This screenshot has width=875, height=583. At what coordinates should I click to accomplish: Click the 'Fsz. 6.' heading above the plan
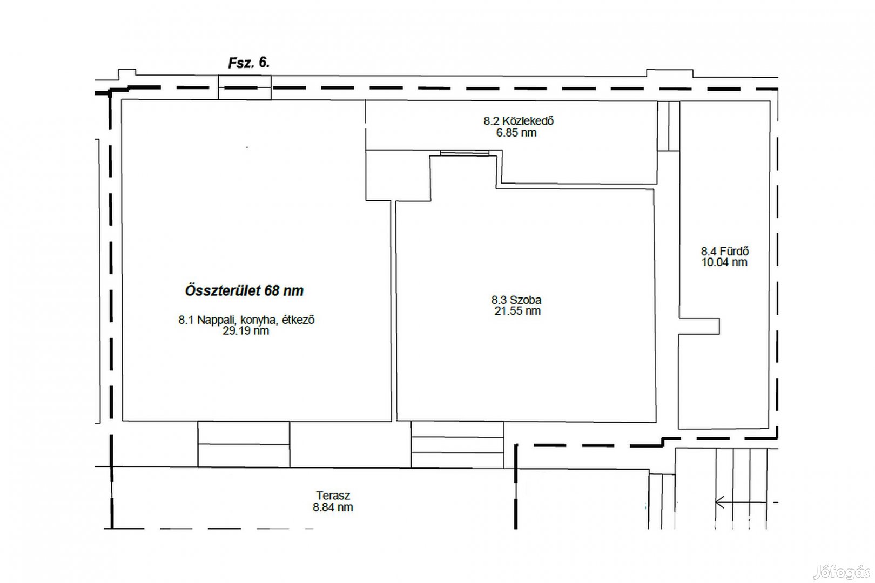249,63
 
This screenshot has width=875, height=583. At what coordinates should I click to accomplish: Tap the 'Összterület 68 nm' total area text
244,290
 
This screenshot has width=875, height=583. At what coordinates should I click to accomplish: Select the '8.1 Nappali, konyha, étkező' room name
246,320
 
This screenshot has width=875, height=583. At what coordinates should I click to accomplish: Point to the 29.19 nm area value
246,331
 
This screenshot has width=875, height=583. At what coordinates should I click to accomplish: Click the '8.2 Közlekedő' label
519,121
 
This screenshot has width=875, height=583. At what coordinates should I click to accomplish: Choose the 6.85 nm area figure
516,132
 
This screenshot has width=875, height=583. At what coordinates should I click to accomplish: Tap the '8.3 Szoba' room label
516,300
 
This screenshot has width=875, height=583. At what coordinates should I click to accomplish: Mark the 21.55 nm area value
517,311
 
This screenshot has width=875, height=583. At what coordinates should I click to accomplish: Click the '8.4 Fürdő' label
725,251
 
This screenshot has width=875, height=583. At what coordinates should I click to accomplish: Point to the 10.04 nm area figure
724,262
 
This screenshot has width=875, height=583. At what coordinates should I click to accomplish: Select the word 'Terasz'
333,496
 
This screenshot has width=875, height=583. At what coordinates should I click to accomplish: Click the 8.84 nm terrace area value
332,507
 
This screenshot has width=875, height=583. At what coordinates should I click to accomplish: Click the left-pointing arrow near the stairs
741,502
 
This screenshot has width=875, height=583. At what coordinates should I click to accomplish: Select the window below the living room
244,444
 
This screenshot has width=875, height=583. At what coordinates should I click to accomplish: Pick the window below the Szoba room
457,444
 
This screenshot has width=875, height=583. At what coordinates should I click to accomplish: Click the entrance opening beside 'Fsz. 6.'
245,87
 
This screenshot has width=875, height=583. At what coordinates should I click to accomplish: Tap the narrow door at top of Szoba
465,153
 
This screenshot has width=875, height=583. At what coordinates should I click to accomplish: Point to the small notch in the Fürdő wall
699,326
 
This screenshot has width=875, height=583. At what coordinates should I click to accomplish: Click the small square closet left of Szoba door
398,175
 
